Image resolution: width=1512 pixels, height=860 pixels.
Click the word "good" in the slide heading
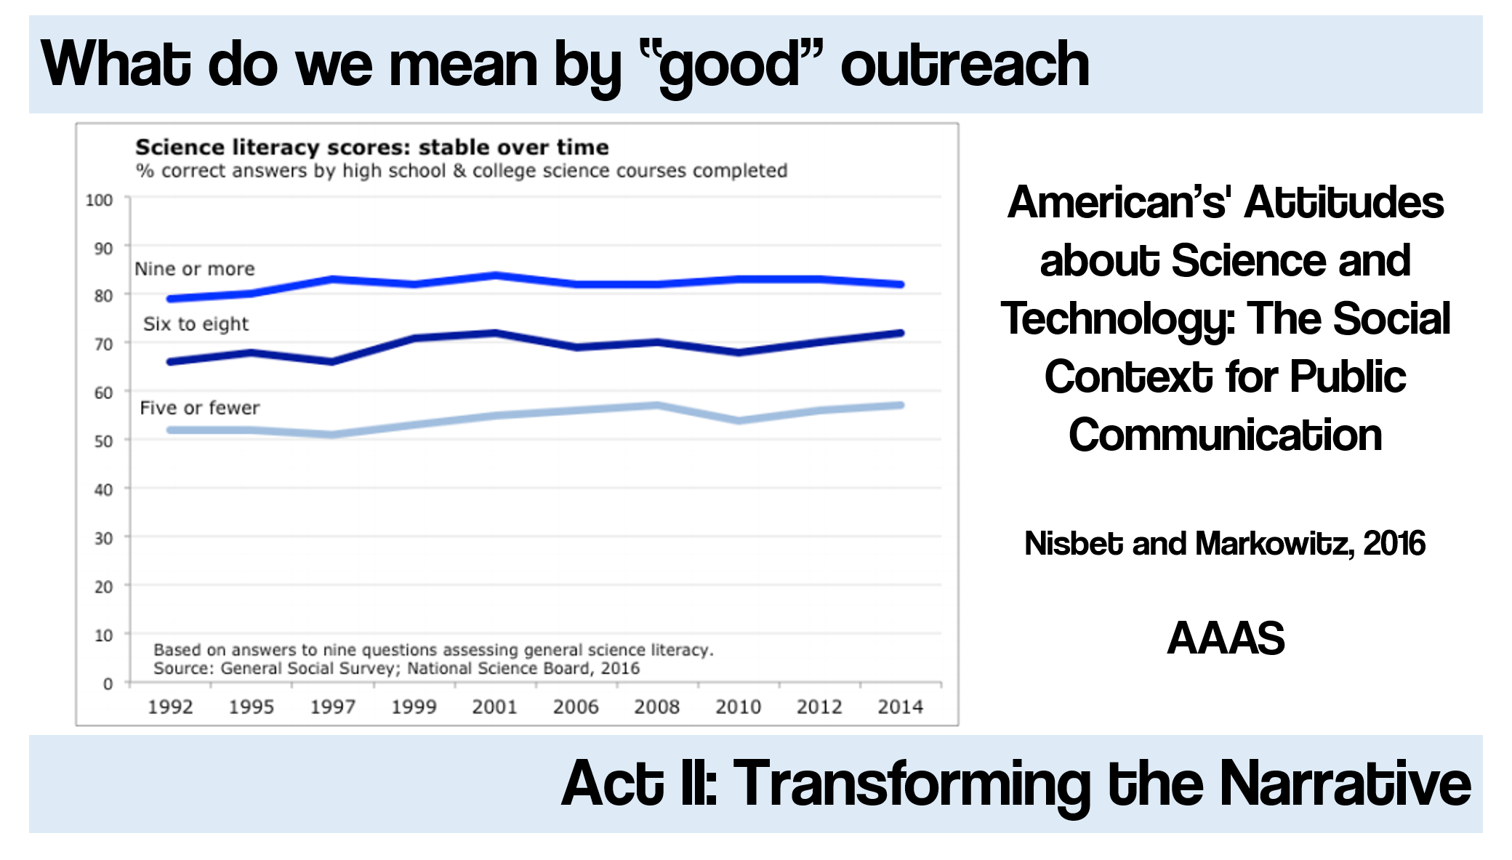coord(731,65)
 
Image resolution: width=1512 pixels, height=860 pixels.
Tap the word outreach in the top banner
coord(965,65)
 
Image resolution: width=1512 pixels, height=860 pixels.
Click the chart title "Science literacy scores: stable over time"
coord(371,147)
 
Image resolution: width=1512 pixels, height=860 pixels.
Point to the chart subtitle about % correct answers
coord(462,171)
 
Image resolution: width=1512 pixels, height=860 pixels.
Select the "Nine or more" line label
coord(195,269)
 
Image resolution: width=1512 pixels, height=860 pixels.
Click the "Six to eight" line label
coord(196,324)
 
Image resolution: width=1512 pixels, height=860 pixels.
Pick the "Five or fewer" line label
coord(199,408)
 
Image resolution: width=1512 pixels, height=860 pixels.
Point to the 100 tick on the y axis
coord(99,200)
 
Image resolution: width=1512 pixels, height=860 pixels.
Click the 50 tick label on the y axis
coord(103,441)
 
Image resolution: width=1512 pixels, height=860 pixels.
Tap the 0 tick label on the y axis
coord(108,684)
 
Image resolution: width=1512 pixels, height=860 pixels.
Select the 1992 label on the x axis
coord(170,707)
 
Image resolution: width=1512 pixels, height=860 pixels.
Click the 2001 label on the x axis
coord(494,707)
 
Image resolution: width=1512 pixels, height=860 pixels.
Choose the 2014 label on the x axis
coord(900,707)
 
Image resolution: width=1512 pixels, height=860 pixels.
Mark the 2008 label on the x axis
coord(656,707)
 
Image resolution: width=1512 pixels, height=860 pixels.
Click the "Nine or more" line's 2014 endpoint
coord(901,284)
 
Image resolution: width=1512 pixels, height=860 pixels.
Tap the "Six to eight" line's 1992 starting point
coord(170,361)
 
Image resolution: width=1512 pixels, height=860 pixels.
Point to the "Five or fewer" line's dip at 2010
coord(739,420)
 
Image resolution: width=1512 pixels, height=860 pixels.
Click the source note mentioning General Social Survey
coord(396,668)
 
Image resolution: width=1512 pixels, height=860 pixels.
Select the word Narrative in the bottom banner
coord(1345,784)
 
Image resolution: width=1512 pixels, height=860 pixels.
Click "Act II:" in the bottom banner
coord(640,784)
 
